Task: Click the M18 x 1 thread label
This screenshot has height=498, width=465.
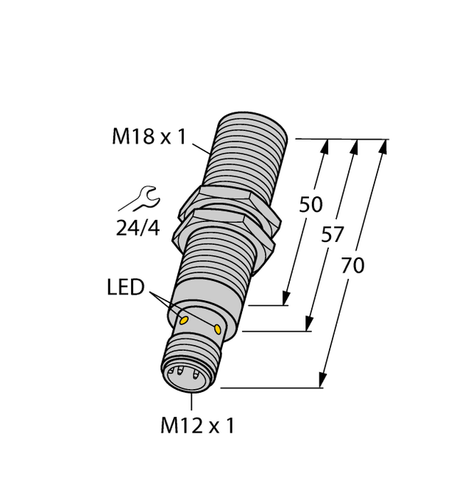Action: [149, 136]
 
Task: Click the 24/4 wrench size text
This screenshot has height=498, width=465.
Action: [138, 228]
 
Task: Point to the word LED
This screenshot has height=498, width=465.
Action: [126, 288]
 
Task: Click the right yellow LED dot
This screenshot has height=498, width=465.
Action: [219, 328]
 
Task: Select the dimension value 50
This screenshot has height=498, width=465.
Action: [310, 205]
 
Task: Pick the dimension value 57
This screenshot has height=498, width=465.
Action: [333, 235]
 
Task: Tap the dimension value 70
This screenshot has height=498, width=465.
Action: [352, 266]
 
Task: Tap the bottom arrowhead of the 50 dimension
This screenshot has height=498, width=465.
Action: [285, 299]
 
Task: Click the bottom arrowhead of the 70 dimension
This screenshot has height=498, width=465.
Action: [322, 380]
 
